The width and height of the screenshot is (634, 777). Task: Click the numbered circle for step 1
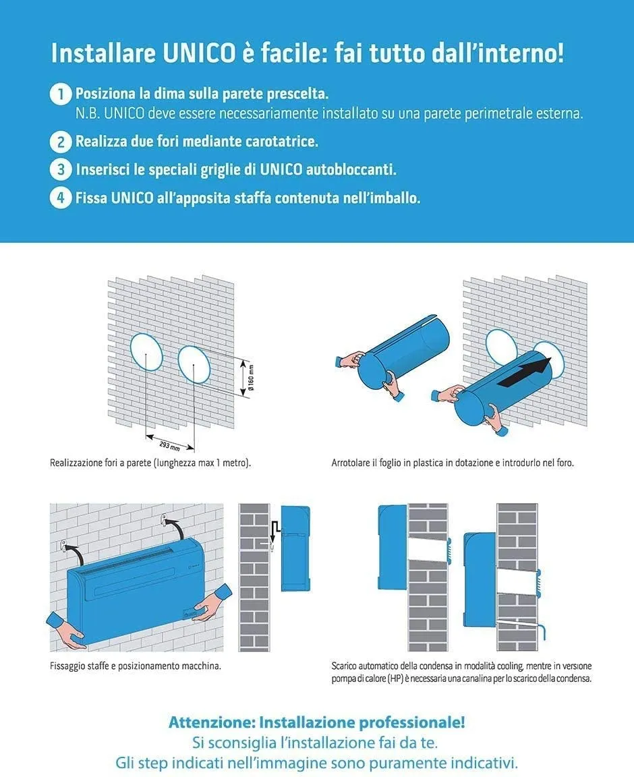61,94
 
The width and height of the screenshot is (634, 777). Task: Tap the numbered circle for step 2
61,142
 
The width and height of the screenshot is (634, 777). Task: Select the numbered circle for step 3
61,169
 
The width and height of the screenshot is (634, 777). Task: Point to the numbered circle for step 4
61,198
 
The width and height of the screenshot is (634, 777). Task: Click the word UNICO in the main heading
199,53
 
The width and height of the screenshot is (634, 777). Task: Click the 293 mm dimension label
169,446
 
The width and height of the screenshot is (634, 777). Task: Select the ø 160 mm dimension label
252,378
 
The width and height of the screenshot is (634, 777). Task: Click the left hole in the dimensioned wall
147,352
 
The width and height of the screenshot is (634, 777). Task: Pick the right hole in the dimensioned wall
194,364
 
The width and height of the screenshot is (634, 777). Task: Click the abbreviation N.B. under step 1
87,114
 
